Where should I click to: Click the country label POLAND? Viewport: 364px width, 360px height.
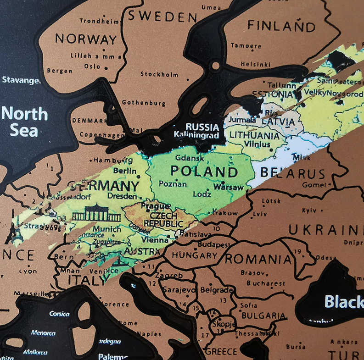tap(204, 172)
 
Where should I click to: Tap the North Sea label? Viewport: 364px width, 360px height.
tap(24, 122)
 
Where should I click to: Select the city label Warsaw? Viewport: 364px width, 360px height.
tap(228, 188)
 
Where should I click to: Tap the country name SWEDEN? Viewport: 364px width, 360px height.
tap(162, 17)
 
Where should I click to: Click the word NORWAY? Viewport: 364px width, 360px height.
tap(85, 39)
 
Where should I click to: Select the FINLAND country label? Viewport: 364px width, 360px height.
tap(282, 26)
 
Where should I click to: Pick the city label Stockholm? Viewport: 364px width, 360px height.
tap(159, 74)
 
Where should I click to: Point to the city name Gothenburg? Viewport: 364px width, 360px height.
tap(143, 103)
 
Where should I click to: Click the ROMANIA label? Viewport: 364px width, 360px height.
tap(258, 259)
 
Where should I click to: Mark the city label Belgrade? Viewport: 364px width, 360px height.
tap(217, 290)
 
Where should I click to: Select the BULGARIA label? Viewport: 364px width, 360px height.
tap(263, 316)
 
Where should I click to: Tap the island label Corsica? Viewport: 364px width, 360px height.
tap(59, 314)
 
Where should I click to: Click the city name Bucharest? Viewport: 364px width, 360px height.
tap(265, 283)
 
